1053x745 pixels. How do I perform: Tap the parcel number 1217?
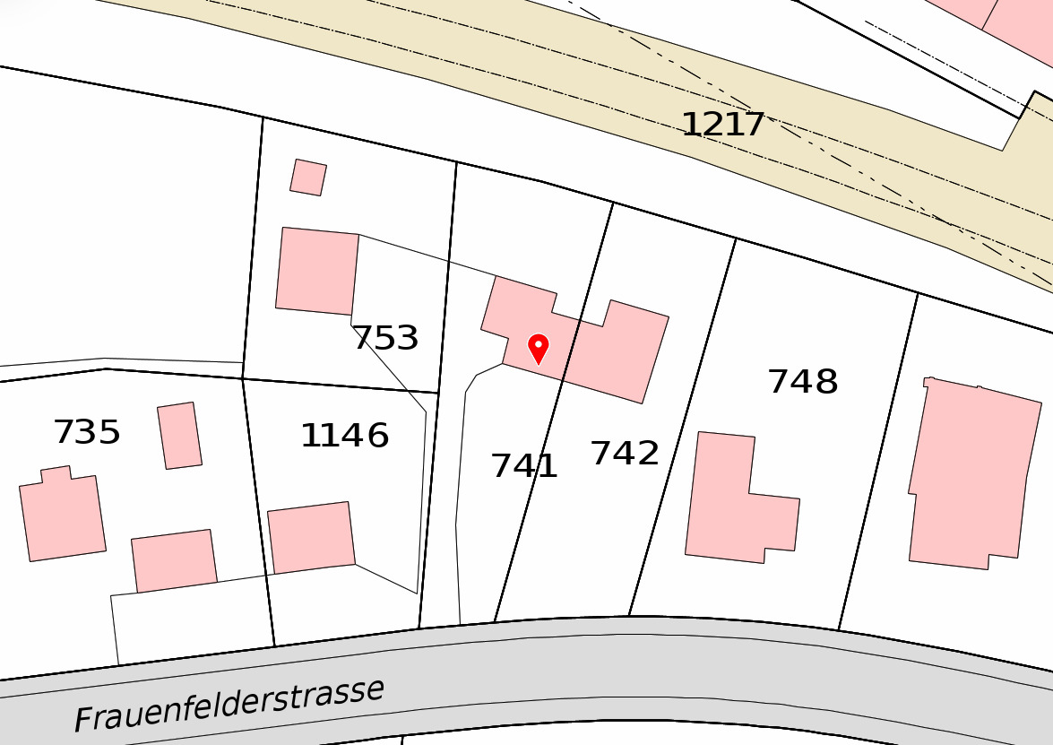pyautogui.click(x=723, y=125)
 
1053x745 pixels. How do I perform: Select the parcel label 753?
pyautogui.click(x=385, y=339)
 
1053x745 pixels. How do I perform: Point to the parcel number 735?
pyautogui.click(x=87, y=433)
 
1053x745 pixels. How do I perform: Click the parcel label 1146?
pyautogui.click(x=344, y=437)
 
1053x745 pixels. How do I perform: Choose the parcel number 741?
pyautogui.click(x=524, y=466)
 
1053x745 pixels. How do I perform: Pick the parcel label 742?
pyautogui.click(x=625, y=454)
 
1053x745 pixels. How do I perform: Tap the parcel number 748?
pyautogui.click(x=803, y=383)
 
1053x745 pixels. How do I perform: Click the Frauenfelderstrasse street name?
pyautogui.click(x=229, y=705)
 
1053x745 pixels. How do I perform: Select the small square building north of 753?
pyautogui.click(x=308, y=178)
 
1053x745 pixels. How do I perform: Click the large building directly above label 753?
pyautogui.click(x=317, y=271)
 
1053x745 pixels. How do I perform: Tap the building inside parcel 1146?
pyautogui.click(x=311, y=537)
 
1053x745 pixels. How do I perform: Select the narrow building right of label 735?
pyautogui.click(x=179, y=435)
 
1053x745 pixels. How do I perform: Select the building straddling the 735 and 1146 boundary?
pyautogui.click(x=175, y=560)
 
